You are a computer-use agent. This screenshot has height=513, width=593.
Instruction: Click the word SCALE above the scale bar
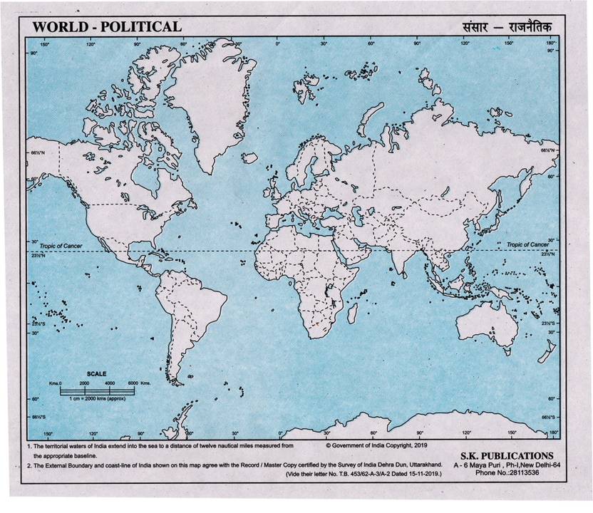coord(96,373)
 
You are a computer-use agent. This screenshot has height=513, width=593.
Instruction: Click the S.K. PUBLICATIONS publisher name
coord(502,455)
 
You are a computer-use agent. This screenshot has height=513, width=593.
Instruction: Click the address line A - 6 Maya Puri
coord(502,465)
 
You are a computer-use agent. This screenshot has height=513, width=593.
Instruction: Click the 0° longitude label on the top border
coord(277,44)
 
